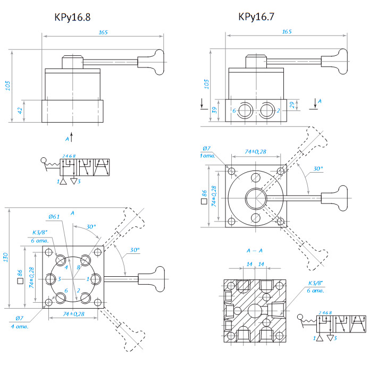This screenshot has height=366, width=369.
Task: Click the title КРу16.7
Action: coord(257,17)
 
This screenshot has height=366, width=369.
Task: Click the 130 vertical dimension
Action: coord(6,257)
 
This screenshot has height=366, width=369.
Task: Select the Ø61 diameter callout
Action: coord(54,216)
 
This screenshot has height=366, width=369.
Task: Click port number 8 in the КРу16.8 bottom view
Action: coord(78,267)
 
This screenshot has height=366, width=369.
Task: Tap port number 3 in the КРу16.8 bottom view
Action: coord(60,278)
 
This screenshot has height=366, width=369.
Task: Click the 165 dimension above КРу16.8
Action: coord(103,32)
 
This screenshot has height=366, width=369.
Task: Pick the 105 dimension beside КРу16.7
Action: coord(206,83)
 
